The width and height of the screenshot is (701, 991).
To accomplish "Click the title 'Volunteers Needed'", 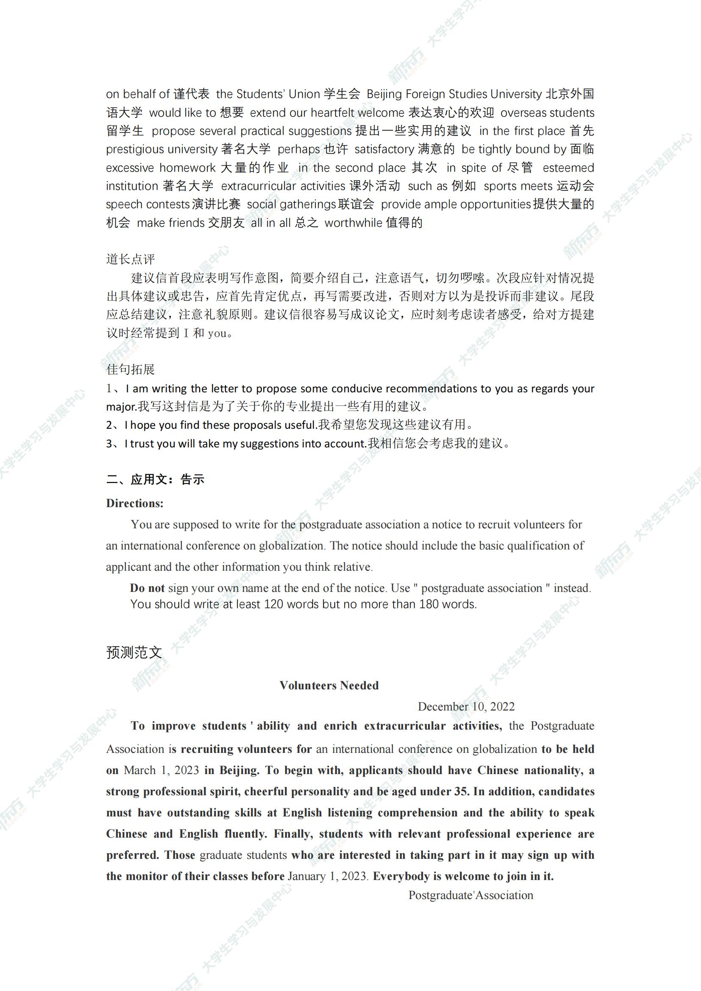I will [x=329, y=686].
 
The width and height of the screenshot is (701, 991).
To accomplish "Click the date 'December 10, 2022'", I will [x=466, y=707].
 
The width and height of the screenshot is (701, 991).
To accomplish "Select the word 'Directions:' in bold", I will [x=135, y=503].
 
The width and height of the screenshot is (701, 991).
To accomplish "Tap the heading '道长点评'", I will [x=131, y=259].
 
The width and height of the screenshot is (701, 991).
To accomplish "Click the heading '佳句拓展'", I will [x=131, y=369].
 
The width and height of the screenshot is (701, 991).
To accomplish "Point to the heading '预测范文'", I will [x=134, y=652].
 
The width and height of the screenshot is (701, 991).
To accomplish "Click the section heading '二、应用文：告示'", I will [x=156, y=480].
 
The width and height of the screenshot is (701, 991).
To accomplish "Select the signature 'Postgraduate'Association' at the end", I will [x=470, y=895].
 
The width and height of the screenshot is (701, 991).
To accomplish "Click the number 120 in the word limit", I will [x=274, y=604].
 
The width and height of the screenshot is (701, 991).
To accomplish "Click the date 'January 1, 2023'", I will [x=328, y=876].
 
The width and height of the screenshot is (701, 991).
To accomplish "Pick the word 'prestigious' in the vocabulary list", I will [x=135, y=149].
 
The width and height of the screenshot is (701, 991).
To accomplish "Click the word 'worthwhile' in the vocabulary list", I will [x=353, y=223].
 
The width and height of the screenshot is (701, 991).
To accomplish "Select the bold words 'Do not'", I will [x=147, y=588].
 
